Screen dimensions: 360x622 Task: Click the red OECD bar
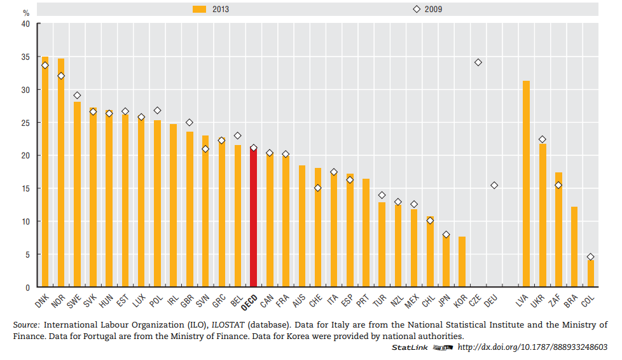coord(253,219)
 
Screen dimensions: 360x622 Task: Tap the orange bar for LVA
coord(526,184)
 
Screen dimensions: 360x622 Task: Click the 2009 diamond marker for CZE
coord(478,62)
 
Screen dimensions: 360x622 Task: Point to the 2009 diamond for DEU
coord(494,185)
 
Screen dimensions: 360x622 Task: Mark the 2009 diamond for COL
coord(590,257)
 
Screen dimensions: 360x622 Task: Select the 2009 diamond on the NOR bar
coord(61,76)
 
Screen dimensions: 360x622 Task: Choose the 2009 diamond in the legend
coord(417,10)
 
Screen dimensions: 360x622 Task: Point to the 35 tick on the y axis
coord(25,57)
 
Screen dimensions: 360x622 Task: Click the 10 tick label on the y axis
coord(25,221)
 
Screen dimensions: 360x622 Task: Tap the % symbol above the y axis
coord(27,12)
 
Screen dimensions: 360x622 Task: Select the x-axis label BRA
coord(571,299)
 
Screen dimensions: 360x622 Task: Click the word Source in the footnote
coord(26,325)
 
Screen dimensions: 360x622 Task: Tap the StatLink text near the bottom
coord(409,347)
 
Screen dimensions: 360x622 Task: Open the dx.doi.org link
coord(532,347)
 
